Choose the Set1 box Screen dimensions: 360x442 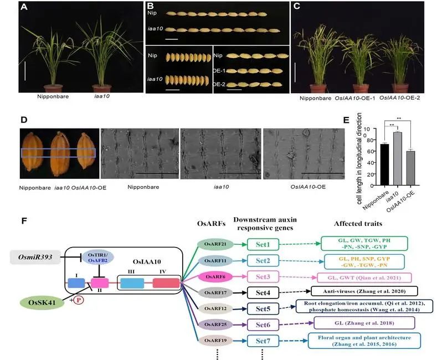click(x=263, y=243)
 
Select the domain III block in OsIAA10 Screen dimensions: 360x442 click(x=132, y=282)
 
